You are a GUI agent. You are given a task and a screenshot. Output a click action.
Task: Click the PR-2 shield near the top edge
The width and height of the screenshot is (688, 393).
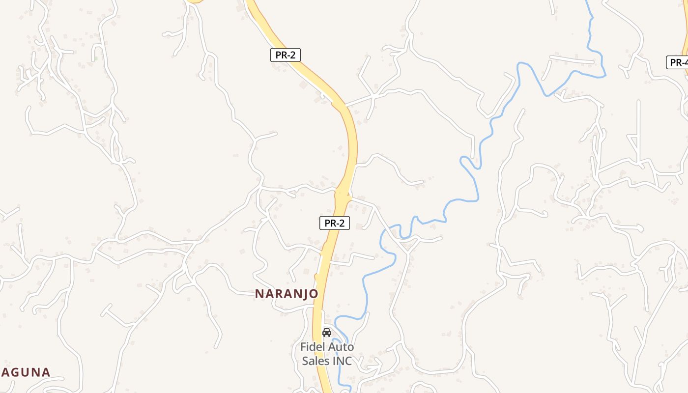coord(285,55)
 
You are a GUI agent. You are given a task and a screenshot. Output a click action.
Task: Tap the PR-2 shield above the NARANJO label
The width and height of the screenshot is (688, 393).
coord(334,223)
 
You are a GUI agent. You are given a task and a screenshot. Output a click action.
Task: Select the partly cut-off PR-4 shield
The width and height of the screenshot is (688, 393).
coord(678,62)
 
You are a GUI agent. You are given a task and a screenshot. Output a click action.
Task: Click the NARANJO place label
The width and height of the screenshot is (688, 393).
coord(287,294)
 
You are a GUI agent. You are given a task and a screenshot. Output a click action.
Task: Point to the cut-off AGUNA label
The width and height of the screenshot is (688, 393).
coord(25,372)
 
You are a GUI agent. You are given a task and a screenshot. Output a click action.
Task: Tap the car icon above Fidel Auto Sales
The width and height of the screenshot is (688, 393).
coord(327,333)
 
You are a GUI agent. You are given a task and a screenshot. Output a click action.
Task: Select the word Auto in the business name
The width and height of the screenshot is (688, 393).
coord(341,347)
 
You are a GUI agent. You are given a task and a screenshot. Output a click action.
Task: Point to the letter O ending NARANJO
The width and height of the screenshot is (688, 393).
coord(313,294)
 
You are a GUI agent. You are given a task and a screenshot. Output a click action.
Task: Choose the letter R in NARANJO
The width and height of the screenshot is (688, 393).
coord(279,294)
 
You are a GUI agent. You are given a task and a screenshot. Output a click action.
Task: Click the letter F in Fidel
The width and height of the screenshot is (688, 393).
coord(304,347)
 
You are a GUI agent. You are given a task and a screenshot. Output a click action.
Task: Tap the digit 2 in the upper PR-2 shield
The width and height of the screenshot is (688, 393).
coord(293,55)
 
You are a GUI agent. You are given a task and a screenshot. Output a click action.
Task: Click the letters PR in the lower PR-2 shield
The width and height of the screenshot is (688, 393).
coord(329,223)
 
